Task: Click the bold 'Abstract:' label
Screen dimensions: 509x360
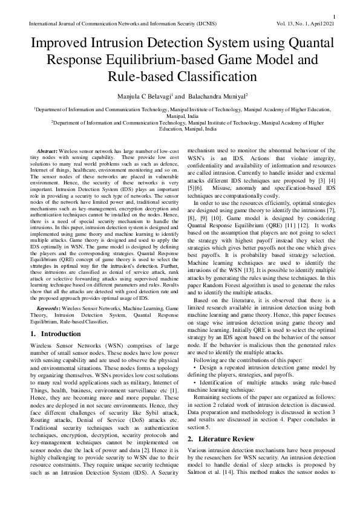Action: tap(47, 149)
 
